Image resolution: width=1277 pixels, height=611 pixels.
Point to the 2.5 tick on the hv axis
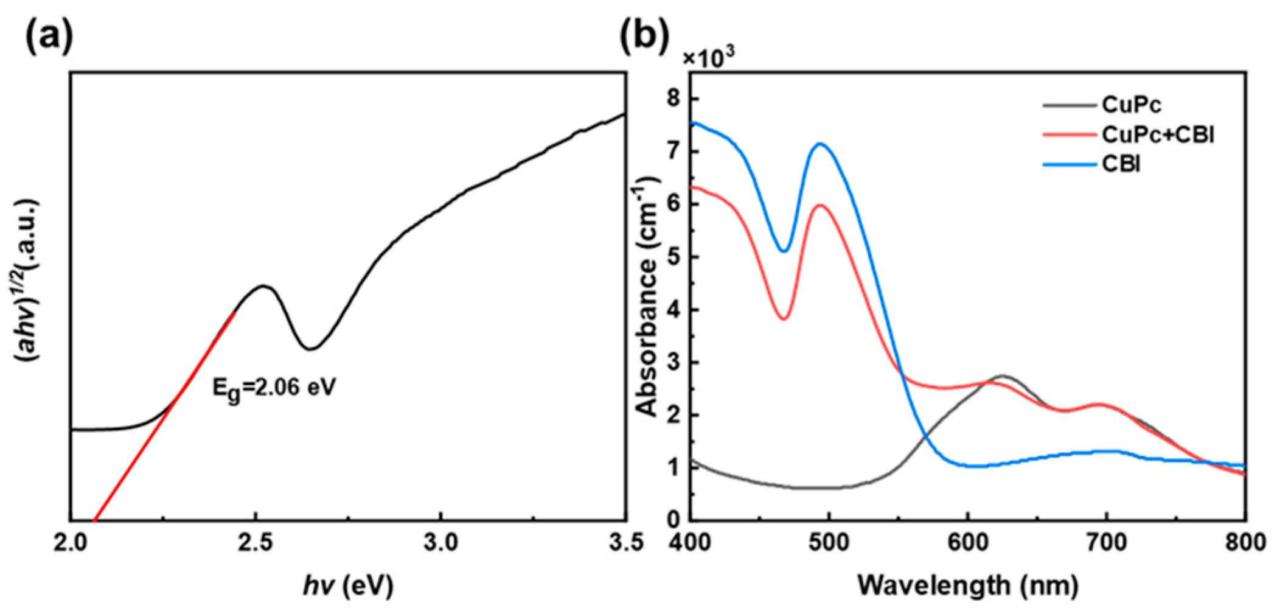click(256, 542)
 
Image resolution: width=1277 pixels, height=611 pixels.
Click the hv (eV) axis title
click(349, 585)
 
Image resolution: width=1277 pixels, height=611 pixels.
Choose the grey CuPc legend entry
click(1130, 105)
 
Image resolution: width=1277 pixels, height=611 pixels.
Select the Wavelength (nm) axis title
click(967, 585)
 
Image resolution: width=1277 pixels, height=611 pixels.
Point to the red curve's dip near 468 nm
click(784, 318)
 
